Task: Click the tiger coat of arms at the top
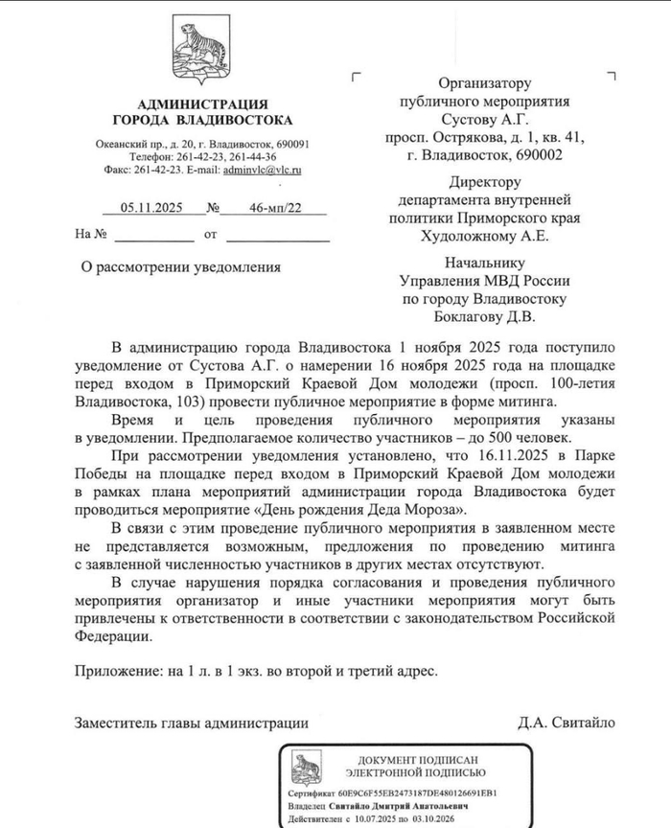click(201, 53)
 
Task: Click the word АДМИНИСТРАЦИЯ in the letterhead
click(202, 104)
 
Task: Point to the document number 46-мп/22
click(275, 208)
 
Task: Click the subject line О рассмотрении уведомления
click(181, 266)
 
